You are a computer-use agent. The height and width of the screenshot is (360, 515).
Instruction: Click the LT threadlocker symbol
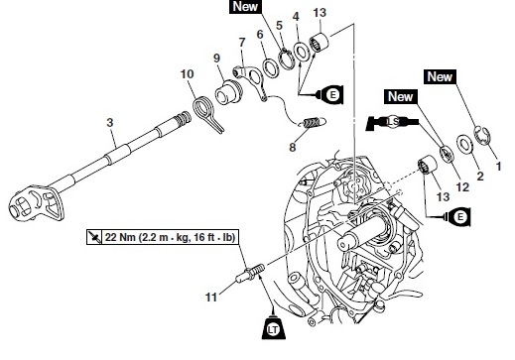pyautogui.click(x=273, y=327)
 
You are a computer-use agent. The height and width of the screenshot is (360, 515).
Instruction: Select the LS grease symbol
pyautogui.click(x=392, y=122)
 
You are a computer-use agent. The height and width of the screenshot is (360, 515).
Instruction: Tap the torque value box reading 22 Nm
pyautogui.click(x=163, y=237)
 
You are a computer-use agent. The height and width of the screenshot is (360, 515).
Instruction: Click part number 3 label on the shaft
pyautogui.click(x=110, y=123)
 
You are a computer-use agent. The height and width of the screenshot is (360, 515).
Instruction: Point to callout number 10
pyautogui.click(x=187, y=74)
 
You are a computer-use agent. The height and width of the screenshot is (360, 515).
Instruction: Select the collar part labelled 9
pyautogui.click(x=228, y=92)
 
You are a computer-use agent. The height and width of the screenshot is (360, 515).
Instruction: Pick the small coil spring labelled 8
pyautogui.click(x=313, y=123)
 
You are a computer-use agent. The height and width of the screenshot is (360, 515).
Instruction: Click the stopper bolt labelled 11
pyautogui.click(x=250, y=273)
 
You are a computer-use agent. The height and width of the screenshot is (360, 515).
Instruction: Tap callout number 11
pyautogui.click(x=211, y=297)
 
